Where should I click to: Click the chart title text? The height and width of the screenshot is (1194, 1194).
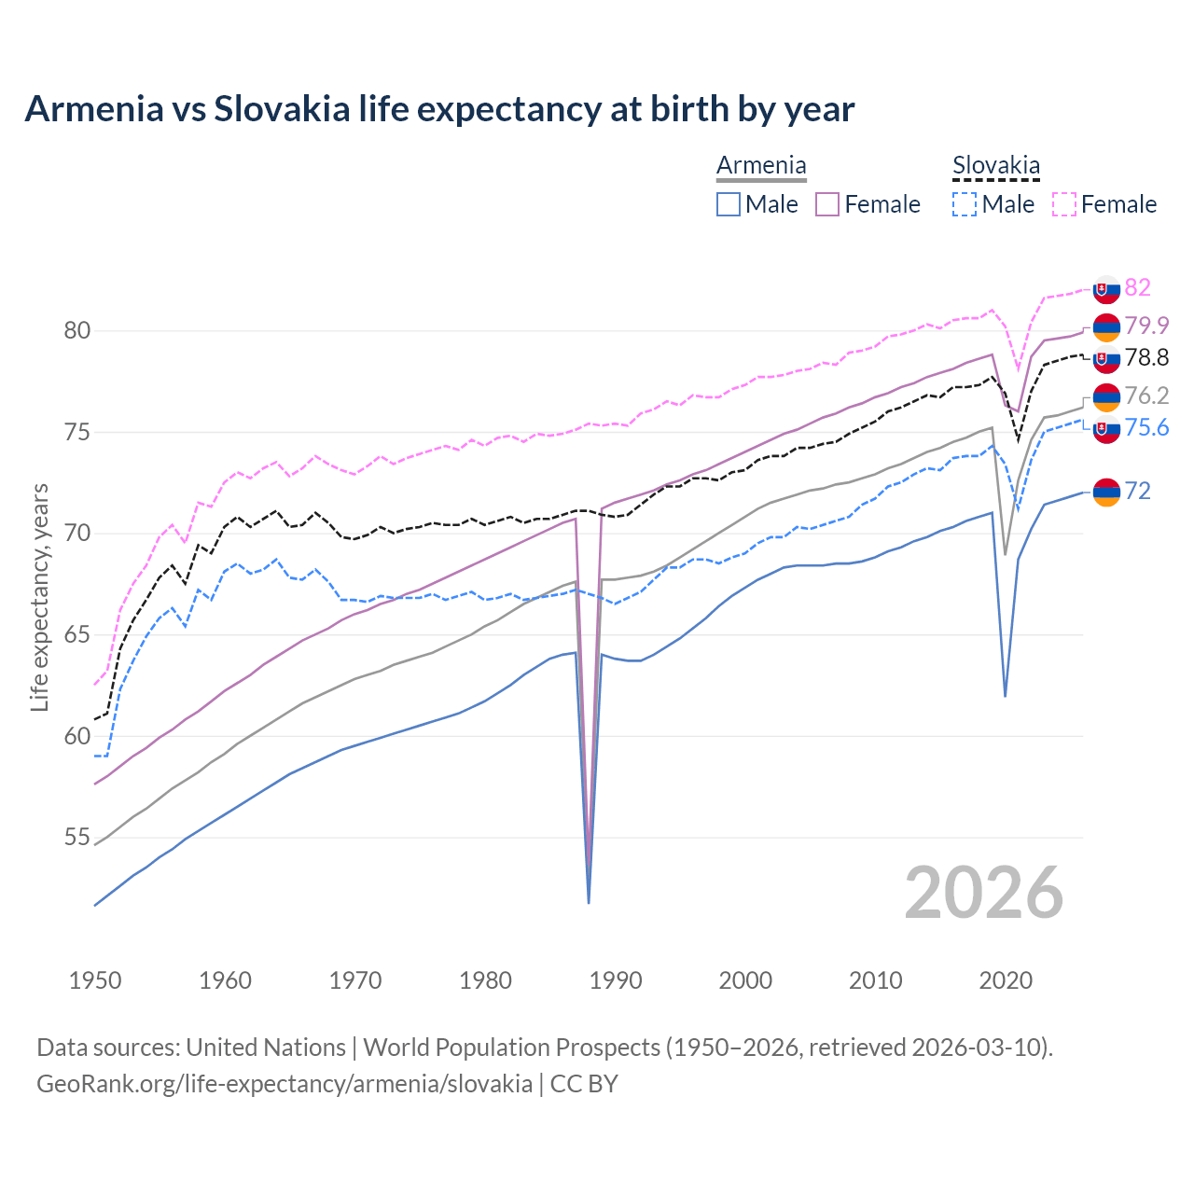[x=439, y=109]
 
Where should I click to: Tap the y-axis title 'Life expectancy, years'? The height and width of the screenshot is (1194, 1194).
[x=39, y=597]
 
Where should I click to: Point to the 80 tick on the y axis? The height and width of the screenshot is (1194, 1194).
[x=77, y=331]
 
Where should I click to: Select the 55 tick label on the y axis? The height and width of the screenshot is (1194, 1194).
[x=77, y=838]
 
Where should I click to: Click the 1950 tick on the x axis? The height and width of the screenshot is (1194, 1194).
[x=95, y=980]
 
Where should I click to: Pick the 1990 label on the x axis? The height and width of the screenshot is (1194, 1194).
[x=616, y=980]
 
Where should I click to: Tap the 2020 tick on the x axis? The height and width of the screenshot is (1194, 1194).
[x=1006, y=980]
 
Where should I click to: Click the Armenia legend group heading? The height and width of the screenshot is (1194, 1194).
[x=761, y=166]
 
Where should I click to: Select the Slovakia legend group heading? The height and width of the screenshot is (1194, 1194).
[x=995, y=166]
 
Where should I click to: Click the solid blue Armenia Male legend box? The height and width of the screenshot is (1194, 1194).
[x=729, y=204]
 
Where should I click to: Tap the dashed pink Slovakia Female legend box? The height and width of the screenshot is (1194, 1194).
[x=1064, y=204]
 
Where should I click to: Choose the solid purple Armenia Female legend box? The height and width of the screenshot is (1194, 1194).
[x=827, y=204]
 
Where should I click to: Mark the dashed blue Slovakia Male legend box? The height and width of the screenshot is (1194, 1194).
[x=965, y=204]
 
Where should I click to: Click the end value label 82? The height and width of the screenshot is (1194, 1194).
[x=1137, y=287]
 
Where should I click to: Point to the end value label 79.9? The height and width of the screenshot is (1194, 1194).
[x=1146, y=326]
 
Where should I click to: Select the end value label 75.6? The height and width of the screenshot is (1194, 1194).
[x=1146, y=427]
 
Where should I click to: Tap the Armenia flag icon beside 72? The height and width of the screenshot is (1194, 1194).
[x=1106, y=492]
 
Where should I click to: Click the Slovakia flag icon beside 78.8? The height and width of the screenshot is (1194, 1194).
[x=1106, y=358]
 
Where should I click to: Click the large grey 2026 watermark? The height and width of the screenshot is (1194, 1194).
[x=984, y=894]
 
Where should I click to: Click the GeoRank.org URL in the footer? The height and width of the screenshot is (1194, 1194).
[x=285, y=1084]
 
